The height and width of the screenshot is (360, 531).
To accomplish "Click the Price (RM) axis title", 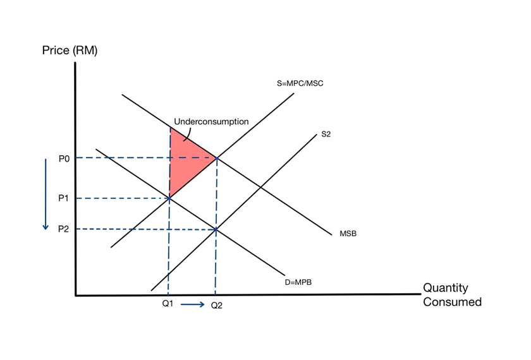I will (x=70, y=51).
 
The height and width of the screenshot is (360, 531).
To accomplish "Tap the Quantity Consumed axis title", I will (x=452, y=295).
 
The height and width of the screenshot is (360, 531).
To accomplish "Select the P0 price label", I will (x=63, y=157).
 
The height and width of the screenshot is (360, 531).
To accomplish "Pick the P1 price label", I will (x=63, y=198).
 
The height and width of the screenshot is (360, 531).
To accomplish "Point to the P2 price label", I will (x=63, y=229).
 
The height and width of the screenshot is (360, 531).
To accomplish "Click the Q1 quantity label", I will (x=168, y=304).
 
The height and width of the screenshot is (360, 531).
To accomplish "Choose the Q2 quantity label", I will (x=216, y=305).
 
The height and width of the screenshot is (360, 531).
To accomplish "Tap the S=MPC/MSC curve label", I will (x=300, y=83).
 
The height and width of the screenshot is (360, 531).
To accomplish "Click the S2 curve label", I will (x=326, y=134).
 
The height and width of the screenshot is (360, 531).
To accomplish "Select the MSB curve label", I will (x=348, y=234).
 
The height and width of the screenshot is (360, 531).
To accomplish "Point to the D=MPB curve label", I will (x=298, y=282).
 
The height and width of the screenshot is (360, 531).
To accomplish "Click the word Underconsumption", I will (x=211, y=121).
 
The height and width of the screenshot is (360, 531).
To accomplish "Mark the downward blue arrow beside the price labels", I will (x=46, y=194).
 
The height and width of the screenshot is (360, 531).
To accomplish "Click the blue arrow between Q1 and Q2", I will (x=192, y=305).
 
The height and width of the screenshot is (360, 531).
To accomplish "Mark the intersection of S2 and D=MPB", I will (x=216, y=229).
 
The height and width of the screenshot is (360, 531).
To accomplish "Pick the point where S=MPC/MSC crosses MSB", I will (x=217, y=157).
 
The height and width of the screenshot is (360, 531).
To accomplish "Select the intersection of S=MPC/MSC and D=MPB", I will (x=169, y=198).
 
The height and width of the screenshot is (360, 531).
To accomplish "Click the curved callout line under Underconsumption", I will (x=187, y=133).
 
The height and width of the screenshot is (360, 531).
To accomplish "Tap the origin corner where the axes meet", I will (x=76, y=295).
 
